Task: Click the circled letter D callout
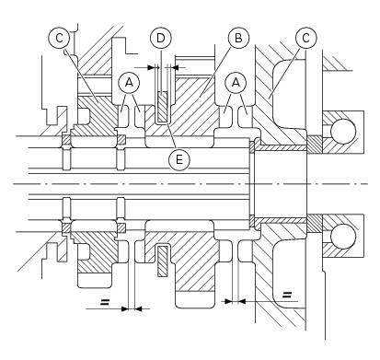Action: tap(161, 38)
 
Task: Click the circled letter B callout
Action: tap(238, 38)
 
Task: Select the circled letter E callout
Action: tap(179, 159)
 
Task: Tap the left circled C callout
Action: tap(59, 38)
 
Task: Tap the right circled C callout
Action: tap(305, 38)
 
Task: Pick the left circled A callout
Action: tap(129, 83)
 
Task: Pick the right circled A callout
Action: tap(236, 83)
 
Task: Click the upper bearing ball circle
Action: tap(343, 132)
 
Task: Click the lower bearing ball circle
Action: tap(343, 237)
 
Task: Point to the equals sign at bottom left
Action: tap(105, 302)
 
